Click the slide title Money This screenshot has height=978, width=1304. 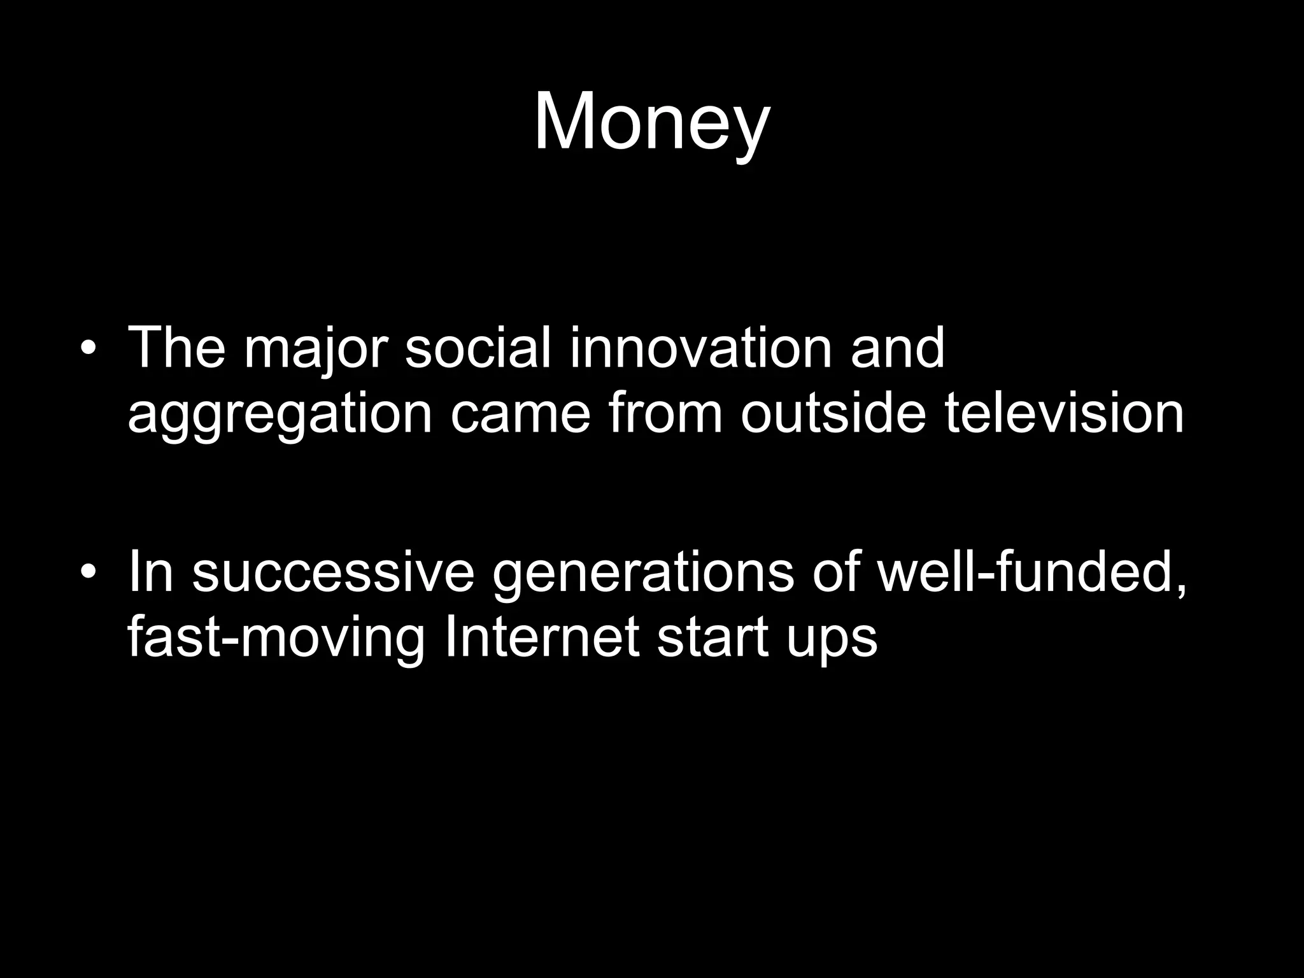point(651,122)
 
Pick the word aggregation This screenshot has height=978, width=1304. point(280,415)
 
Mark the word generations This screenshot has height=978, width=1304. point(643,574)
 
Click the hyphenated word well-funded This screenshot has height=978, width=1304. point(1031,572)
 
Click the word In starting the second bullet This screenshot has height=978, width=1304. point(151,571)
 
